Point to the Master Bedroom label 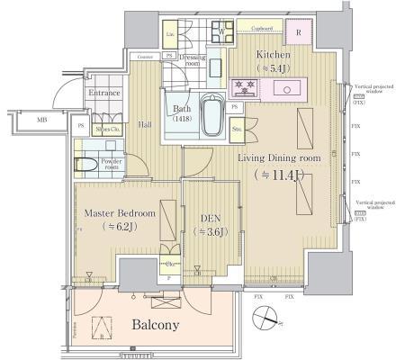[x=120, y=213]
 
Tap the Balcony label [x=156, y=324]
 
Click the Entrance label [x=103, y=93]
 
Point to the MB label [x=42, y=120]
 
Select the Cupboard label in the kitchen [x=261, y=28]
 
